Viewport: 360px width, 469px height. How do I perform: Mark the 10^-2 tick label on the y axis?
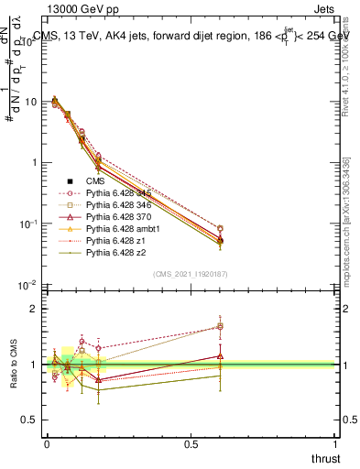pos(27,286)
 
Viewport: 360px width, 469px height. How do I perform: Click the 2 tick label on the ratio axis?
pos(34,309)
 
